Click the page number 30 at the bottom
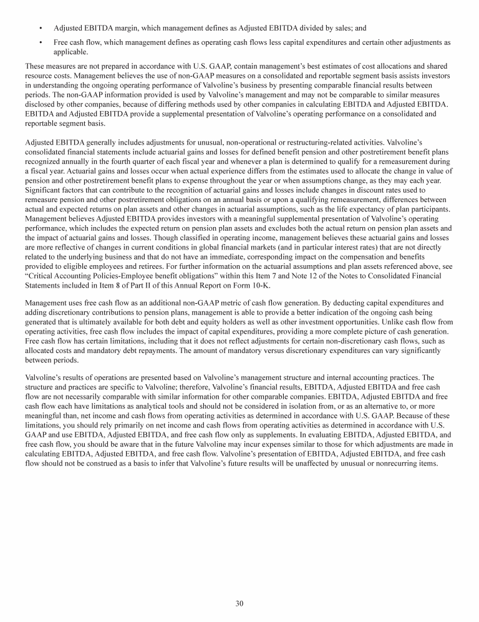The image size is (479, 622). pyautogui.click(x=239, y=603)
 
